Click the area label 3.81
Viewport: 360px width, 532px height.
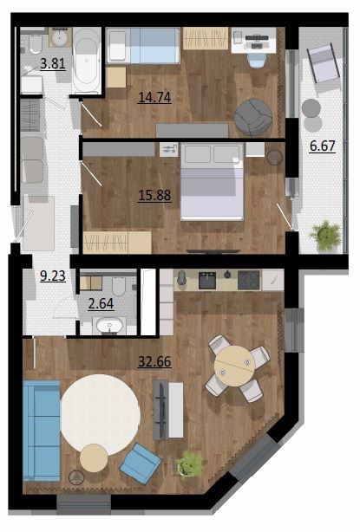(53, 64)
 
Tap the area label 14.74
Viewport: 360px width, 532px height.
(154, 97)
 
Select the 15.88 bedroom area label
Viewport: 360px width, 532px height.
(154, 196)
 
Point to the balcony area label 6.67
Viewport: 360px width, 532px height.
(323, 146)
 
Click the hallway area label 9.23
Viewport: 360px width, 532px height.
(53, 276)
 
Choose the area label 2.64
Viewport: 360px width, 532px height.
(101, 303)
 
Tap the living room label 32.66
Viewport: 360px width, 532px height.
(154, 361)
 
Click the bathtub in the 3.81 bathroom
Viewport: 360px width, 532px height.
(86, 61)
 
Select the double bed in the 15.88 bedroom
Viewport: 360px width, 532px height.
(212, 182)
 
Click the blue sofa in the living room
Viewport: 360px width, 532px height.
(42, 431)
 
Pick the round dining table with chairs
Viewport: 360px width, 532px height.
(238, 367)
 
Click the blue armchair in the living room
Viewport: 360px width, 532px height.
(141, 463)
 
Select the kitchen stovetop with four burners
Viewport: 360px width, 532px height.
(249, 280)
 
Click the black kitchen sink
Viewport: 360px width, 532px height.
(207, 280)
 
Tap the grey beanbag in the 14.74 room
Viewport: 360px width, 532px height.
(253, 117)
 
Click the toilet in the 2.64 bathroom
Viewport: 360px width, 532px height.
(119, 286)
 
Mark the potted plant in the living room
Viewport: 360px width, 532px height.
(189, 464)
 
